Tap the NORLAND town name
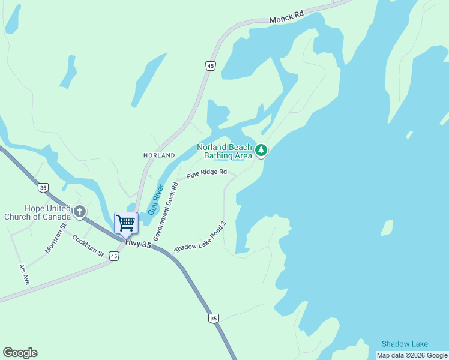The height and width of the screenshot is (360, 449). click(x=159, y=155)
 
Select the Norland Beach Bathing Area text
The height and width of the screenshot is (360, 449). click(x=224, y=151)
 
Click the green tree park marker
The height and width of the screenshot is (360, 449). click(x=261, y=150)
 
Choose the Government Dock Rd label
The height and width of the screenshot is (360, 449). click(x=166, y=211)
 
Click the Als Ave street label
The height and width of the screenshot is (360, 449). click(x=23, y=274)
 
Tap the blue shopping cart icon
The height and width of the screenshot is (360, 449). click(x=126, y=223)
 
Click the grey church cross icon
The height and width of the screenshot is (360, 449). click(x=80, y=211)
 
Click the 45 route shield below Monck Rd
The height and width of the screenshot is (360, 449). click(x=210, y=66)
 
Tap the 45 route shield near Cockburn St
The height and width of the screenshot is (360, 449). click(x=114, y=256)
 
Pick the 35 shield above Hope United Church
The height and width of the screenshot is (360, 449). click(x=43, y=188)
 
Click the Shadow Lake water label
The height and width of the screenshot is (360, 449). click(x=405, y=344)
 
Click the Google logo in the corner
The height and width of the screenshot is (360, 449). click(x=20, y=353)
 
